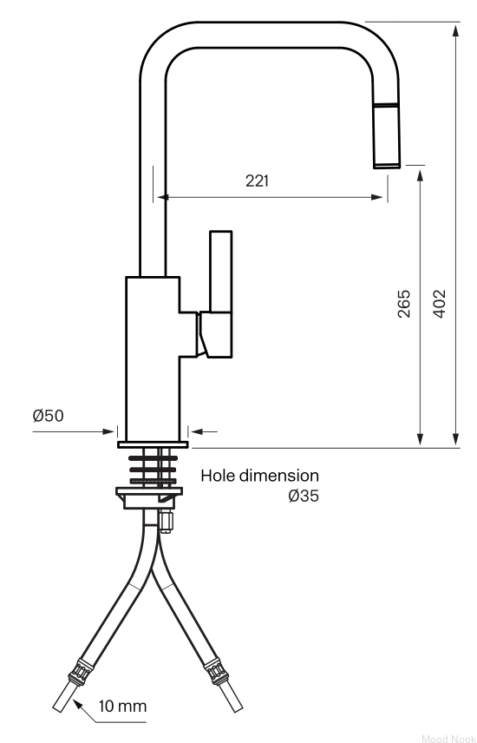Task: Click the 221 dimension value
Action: (x=257, y=181)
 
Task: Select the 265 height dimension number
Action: (x=404, y=304)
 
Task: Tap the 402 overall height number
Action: (x=439, y=304)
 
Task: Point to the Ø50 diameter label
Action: (x=48, y=416)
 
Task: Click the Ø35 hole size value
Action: (x=304, y=496)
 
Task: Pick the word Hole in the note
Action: (x=218, y=476)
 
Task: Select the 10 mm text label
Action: (x=122, y=707)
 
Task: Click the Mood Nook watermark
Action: (x=448, y=739)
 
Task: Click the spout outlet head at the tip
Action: (x=388, y=135)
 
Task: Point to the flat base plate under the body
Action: (x=153, y=444)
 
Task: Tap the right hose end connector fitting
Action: (x=216, y=673)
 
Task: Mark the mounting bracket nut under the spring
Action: (x=149, y=497)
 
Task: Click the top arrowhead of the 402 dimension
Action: (x=455, y=30)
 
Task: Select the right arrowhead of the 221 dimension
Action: (x=377, y=197)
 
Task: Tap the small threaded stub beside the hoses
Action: (x=165, y=522)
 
